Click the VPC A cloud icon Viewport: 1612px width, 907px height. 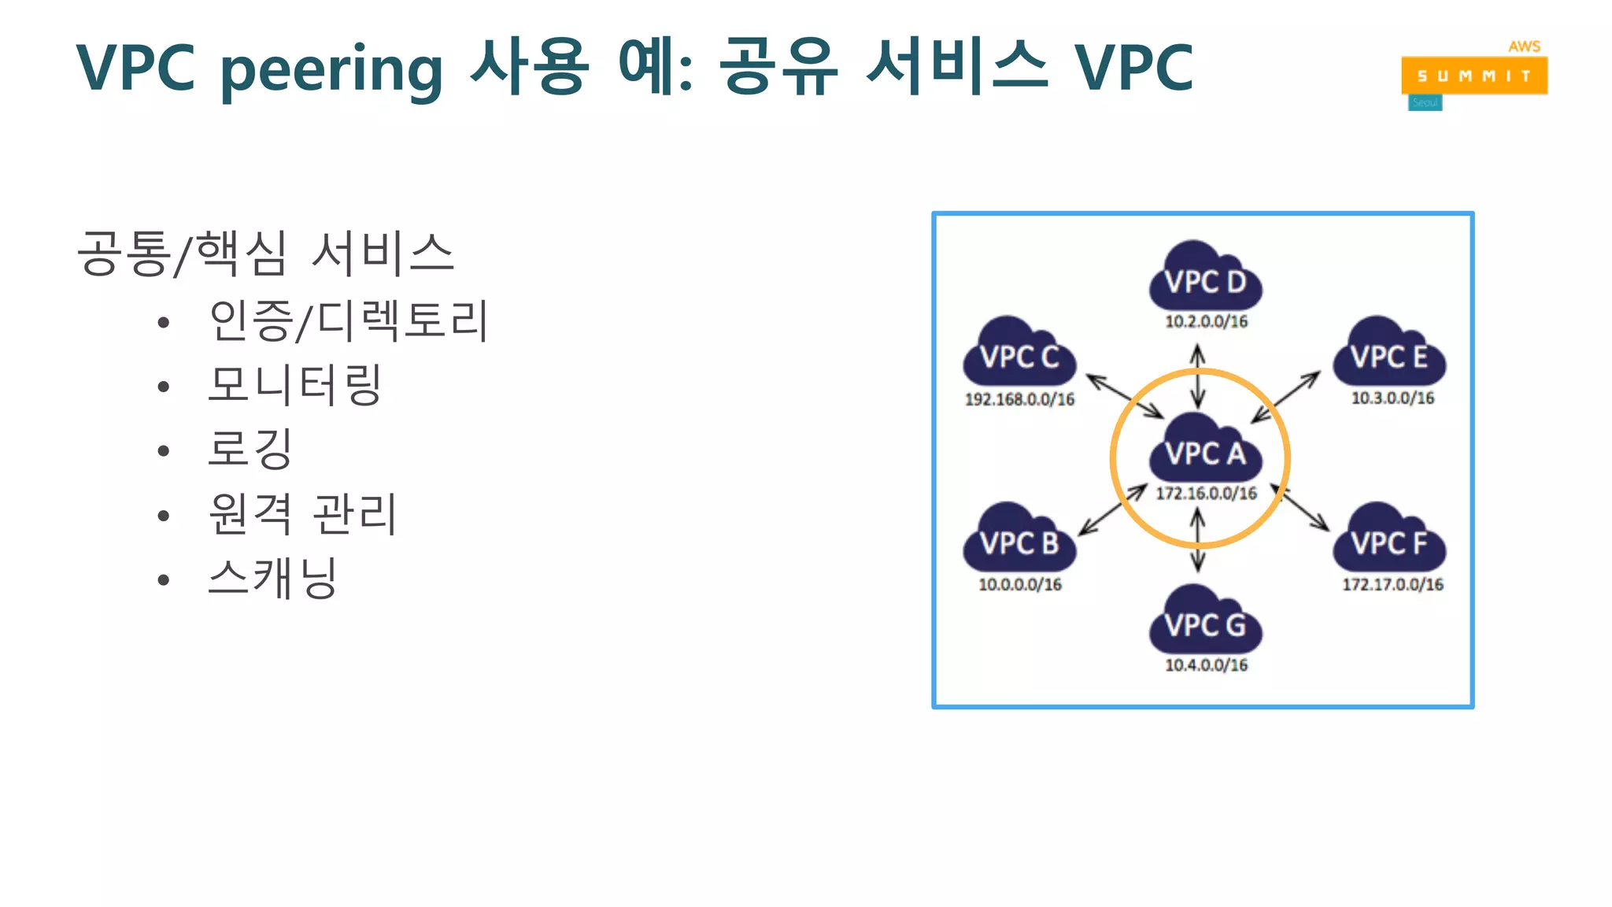tap(1205, 448)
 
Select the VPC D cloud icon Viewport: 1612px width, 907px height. tap(1205, 276)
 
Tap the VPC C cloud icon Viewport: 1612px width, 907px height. tap(1019, 353)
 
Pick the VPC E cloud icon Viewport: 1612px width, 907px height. tap(1389, 352)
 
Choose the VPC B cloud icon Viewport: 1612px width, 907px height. tap(1019, 539)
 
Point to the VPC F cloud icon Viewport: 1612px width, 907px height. tap(1389, 539)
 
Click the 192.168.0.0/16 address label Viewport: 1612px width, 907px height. tap(1019, 399)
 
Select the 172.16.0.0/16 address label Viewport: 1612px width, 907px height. tap(1206, 494)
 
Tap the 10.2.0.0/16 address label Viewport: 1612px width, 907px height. tap(1206, 321)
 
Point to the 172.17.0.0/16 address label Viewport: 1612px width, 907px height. tap(1392, 584)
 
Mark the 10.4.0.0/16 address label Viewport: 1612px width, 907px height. tap(1206, 665)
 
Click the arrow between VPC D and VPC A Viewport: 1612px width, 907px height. tap(1198, 376)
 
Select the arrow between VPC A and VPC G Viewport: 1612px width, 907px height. tap(1198, 540)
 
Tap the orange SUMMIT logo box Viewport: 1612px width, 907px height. tap(1473, 76)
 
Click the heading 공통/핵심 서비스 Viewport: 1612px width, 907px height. tap(265, 254)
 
